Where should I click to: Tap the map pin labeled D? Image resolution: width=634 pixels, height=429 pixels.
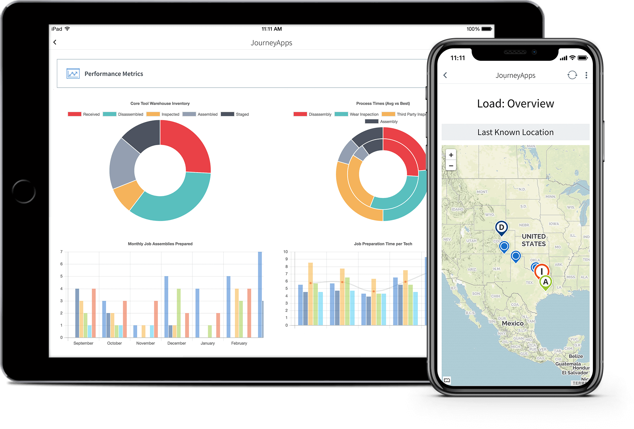pyautogui.click(x=501, y=228)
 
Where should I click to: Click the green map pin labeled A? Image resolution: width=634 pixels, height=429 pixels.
pyautogui.click(x=545, y=282)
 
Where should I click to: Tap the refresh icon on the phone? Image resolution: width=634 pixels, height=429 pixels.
pyautogui.click(x=572, y=75)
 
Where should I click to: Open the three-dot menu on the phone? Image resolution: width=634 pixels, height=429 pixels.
pyautogui.click(x=586, y=75)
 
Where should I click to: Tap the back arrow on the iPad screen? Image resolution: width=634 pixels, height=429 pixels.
pyautogui.click(x=55, y=42)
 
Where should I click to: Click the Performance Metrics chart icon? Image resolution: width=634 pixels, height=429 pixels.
pyautogui.click(x=73, y=74)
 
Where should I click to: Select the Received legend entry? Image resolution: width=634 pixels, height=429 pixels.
pyautogui.click(x=84, y=114)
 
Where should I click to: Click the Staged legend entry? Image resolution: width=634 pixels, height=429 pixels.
pyautogui.click(x=235, y=114)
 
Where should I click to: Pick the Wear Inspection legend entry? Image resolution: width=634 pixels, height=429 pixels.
pyautogui.click(x=357, y=114)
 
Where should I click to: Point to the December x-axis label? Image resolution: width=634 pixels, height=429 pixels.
pyautogui.click(x=176, y=343)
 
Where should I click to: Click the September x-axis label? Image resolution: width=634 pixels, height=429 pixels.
pyautogui.click(x=83, y=343)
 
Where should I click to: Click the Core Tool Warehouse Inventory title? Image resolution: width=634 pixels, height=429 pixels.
pyautogui.click(x=160, y=103)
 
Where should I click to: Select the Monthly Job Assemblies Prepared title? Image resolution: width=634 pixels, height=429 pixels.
pyautogui.click(x=160, y=244)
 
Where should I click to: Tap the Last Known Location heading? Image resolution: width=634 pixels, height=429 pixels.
pyautogui.click(x=515, y=132)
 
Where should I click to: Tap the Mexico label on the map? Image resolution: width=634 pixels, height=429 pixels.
pyautogui.click(x=513, y=323)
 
